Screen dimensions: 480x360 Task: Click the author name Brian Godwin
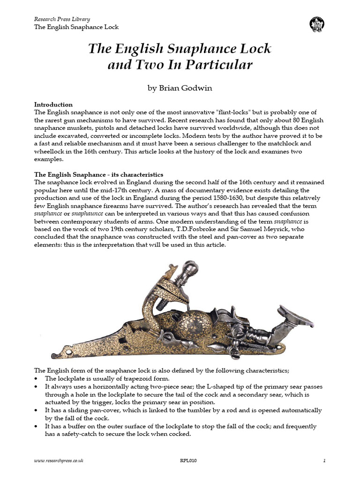[x=180, y=87]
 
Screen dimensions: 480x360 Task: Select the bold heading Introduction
[x=53, y=105]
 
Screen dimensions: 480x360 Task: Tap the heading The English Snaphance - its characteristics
[x=99, y=174]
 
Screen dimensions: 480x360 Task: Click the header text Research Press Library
[x=62, y=19]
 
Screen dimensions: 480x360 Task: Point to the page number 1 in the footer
[x=324, y=461]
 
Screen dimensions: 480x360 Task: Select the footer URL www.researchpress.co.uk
[x=59, y=461]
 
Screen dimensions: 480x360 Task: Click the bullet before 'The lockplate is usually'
[x=37, y=378]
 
